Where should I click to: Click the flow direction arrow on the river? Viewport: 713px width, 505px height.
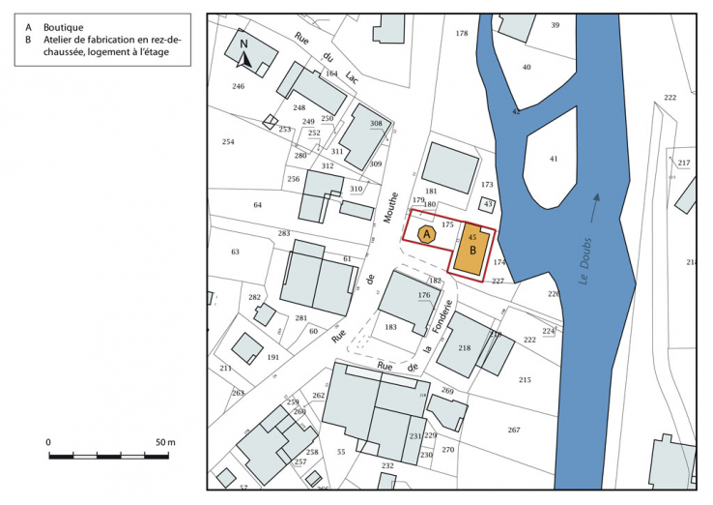click(x=595, y=201)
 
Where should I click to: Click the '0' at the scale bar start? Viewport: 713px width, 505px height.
click(x=48, y=442)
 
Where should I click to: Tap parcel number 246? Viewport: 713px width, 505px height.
click(x=239, y=86)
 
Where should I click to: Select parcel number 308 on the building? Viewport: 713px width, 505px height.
click(x=376, y=124)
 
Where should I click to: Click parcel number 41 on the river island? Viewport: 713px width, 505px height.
click(x=554, y=158)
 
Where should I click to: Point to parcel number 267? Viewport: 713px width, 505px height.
click(x=513, y=430)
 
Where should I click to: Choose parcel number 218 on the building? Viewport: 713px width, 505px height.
click(x=464, y=348)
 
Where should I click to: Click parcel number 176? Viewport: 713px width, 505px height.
click(x=423, y=295)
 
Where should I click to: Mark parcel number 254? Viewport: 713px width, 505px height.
click(x=228, y=142)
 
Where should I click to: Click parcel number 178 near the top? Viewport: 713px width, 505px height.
click(x=462, y=33)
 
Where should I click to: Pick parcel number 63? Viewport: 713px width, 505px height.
click(x=235, y=252)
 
